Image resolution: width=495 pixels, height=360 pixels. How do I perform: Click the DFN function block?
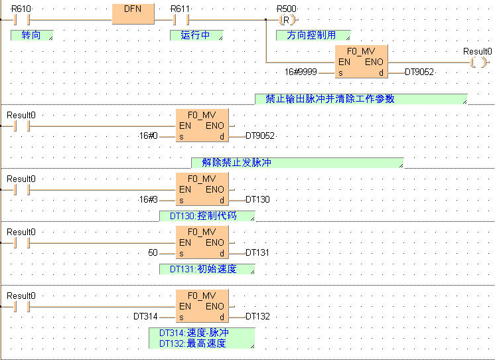[x=133, y=12]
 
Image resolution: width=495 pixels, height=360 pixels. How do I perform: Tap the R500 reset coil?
[x=286, y=20]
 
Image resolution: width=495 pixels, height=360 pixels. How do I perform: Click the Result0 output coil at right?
[x=477, y=62]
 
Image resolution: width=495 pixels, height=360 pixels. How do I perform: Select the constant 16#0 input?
[x=148, y=135]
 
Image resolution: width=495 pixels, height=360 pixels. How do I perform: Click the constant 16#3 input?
[x=148, y=199]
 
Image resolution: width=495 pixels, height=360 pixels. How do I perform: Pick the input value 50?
[x=153, y=252]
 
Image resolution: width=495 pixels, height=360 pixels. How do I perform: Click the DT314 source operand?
[x=145, y=316]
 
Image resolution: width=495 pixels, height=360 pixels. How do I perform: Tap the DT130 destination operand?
[x=257, y=199]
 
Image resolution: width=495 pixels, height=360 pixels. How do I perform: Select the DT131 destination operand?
[x=257, y=252]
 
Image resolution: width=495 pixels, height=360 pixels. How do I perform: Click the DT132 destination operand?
[x=257, y=316]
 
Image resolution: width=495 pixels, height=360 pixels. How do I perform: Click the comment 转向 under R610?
[x=31, y=35]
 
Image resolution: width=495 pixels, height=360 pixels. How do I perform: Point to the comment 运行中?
[x=196, y=35]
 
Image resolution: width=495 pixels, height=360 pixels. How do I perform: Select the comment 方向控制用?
[x=312, y=35]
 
